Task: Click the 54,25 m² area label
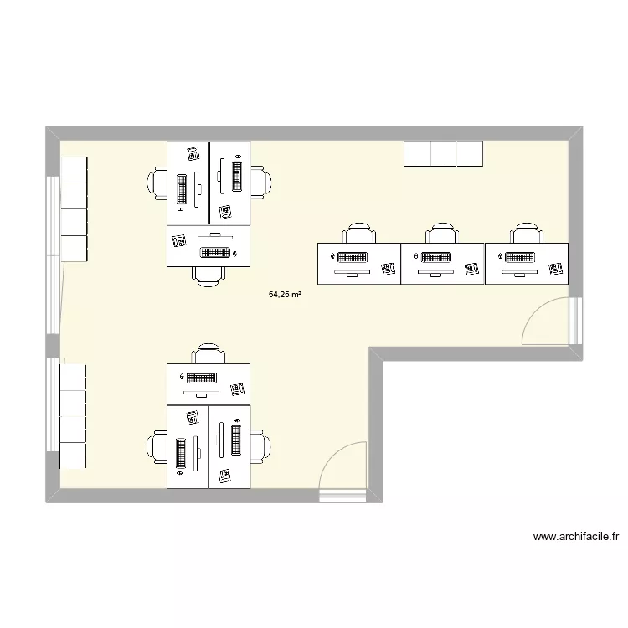[x=285, y=295]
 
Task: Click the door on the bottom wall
[x=342, y=469]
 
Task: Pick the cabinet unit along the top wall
[x=444, y=154]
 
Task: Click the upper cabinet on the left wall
[x=74, y=208]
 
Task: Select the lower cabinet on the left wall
[x=74, y=416]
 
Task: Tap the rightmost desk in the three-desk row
[x=527, y=263]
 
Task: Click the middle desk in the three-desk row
[x=443, y=263]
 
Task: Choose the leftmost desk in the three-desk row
[x=359, y=263]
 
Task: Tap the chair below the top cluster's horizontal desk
[x=208, y=275]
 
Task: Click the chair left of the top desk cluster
[x=159, y=183]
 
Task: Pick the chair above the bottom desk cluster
[x=208, y=353]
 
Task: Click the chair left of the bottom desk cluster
[x=159, y=446]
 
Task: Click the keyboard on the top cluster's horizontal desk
[x=215, y=252]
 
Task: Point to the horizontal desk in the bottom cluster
[x=208, y=384]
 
